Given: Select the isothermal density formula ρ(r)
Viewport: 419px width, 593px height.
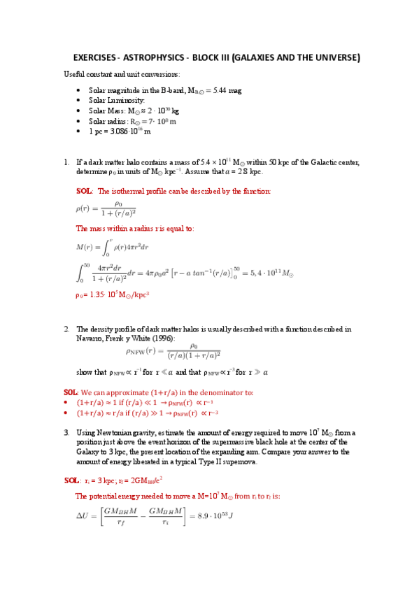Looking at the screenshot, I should tap(105, 208).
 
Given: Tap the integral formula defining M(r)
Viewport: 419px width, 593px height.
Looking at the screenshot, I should tap(112, 246).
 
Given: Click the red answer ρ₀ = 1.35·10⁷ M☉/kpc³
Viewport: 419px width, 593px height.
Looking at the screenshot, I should tap(113, 295).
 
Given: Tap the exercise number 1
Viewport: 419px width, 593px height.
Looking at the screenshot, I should tap(66, 162).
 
